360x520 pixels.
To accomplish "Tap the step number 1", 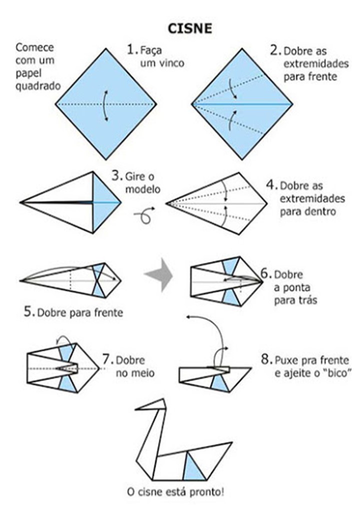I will [131, 50].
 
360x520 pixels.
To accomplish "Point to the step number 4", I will [271, 185].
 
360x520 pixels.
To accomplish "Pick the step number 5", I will [28, 313].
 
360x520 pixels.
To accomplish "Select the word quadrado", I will [37, 85].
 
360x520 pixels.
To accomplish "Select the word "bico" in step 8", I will [336, 373].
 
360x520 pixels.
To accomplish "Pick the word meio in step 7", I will [143, 373].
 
